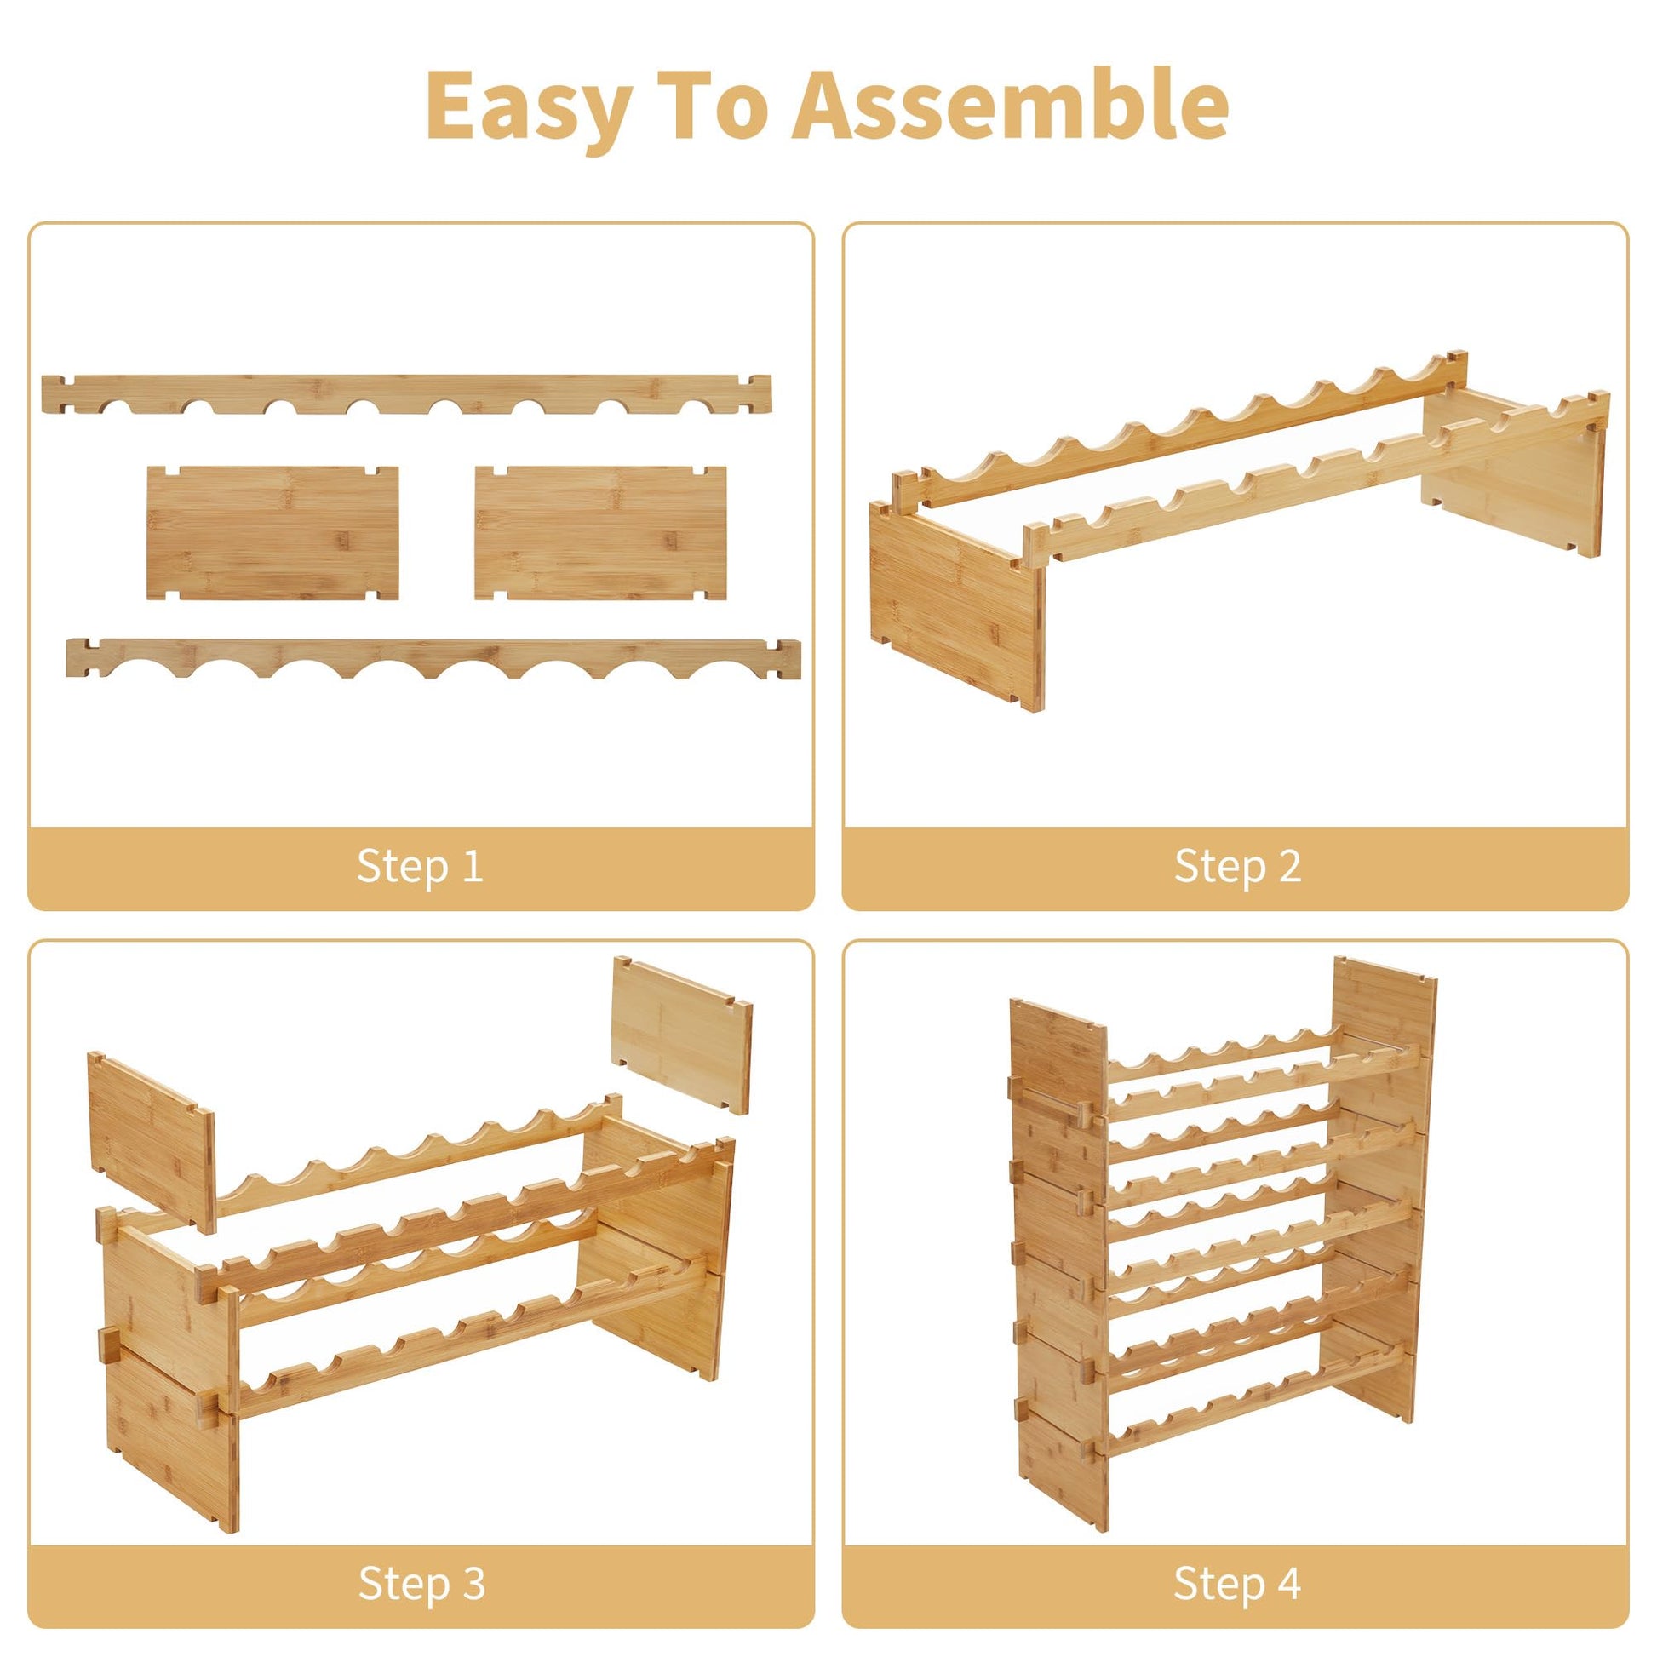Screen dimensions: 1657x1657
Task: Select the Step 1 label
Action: [421, 865]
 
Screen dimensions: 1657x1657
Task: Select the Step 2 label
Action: [1237, 865]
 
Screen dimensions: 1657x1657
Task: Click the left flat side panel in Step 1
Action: [272, 533]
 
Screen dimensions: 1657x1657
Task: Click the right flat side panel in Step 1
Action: [600, 533]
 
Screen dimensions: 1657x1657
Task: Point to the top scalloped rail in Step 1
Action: [406, 393]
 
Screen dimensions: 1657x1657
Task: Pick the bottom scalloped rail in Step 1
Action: [433, 658]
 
